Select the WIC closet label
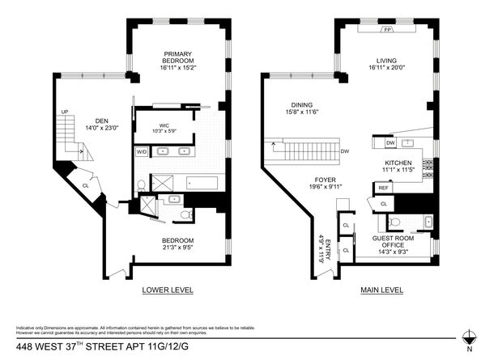[x=164, y=126]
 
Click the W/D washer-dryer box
[x=141, y=151]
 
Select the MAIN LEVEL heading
[x=381, y=289]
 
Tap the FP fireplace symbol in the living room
[x=387, y=28]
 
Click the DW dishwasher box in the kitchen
[x=389, y=143]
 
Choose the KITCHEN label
[x=398, y=163]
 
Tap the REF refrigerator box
[x=382, y=188]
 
